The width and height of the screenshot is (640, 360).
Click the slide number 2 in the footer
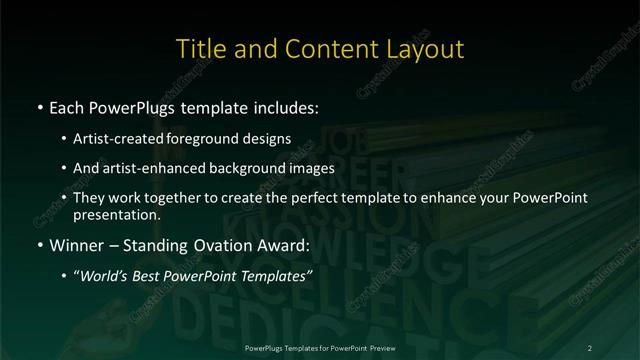(590, 347)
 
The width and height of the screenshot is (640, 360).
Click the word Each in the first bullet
(67, 106)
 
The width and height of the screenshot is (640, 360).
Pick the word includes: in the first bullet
(284, 106)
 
